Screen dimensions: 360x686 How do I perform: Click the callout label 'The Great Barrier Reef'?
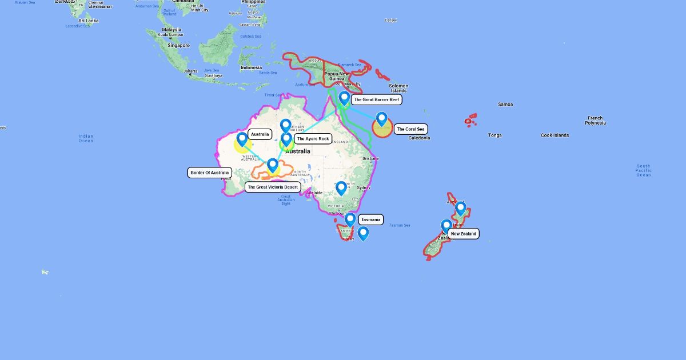(376, 99)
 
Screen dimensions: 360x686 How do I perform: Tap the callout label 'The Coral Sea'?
(410, 129)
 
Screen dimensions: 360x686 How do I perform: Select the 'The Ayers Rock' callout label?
(313, 139)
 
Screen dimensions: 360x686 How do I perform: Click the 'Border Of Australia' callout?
(209, 173)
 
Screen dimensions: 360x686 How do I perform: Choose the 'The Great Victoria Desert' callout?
(273, 187)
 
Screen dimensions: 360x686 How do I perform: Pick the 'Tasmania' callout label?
(370, 219)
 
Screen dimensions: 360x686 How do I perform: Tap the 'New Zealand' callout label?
(463, 234)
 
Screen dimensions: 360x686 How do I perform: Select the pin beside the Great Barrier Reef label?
(344, 99)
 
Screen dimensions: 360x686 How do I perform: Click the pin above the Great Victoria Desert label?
(273, 165)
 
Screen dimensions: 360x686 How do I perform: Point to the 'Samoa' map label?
(505, 105)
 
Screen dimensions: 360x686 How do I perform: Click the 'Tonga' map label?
(494, 135)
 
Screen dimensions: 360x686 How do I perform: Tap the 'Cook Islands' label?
(555, 135)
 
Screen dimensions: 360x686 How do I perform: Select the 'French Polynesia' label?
(595, 121)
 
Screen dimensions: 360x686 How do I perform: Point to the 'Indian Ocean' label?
(86, 138)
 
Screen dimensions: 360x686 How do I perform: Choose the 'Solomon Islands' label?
(398, 89)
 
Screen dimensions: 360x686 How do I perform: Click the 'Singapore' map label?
(178, 45)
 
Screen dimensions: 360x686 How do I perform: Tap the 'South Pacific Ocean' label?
(643, 170)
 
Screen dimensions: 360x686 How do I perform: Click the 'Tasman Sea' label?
(400, 225)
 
